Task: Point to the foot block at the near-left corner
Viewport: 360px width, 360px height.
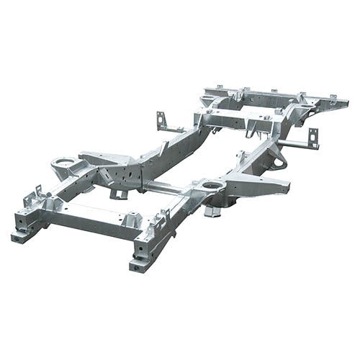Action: point(21,235)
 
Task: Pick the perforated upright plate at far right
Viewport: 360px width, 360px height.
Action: point(313,138)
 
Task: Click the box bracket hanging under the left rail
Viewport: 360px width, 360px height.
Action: point(117,193)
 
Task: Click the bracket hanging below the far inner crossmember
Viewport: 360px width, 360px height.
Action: point(252,132)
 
